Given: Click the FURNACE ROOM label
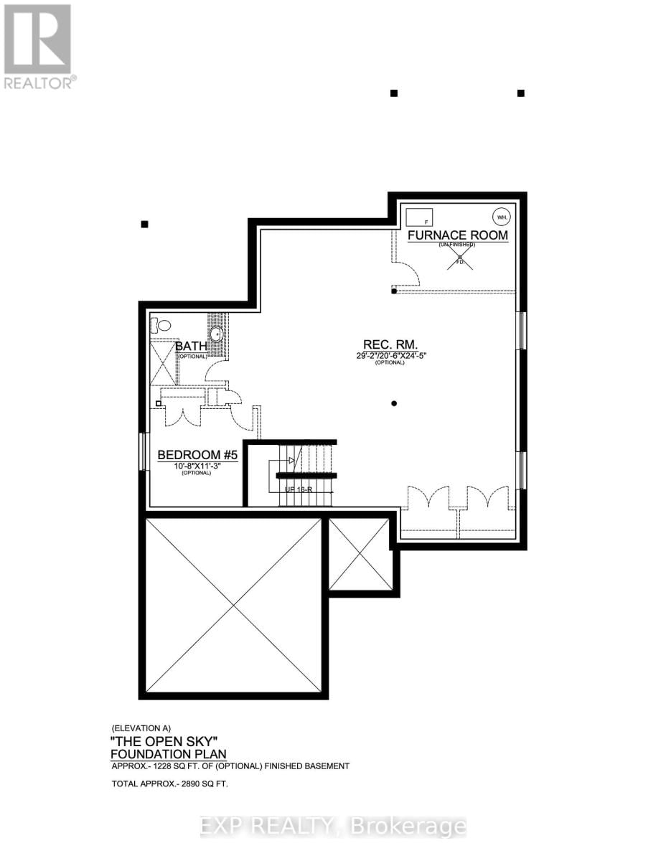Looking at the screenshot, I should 458,235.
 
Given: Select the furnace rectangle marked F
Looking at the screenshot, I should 418,217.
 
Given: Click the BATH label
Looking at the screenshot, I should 191,347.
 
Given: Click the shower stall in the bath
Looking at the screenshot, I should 164,362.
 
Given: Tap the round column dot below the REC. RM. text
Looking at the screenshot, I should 394,403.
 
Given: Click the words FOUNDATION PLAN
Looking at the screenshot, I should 168,753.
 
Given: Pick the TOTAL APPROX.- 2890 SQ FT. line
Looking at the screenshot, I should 169,784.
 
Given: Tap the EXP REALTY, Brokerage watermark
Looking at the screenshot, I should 332,827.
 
